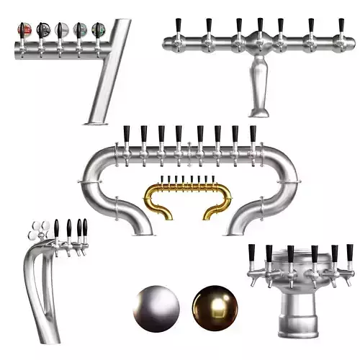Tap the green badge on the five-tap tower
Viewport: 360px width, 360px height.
tap(97, 30)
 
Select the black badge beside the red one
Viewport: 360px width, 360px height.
tap(43, 30)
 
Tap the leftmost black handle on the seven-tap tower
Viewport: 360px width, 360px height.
tap(178, 25)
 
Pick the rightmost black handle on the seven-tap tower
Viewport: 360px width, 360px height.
tap(341, 25)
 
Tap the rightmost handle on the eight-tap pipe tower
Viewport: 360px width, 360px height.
tap(252, 134)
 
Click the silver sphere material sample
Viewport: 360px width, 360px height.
tap(156, 305)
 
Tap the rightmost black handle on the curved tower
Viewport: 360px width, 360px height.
tap(85, 229)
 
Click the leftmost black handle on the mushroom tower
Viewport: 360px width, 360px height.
tap(251, 253)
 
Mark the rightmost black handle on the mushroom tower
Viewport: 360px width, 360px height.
tap(350, 253)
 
